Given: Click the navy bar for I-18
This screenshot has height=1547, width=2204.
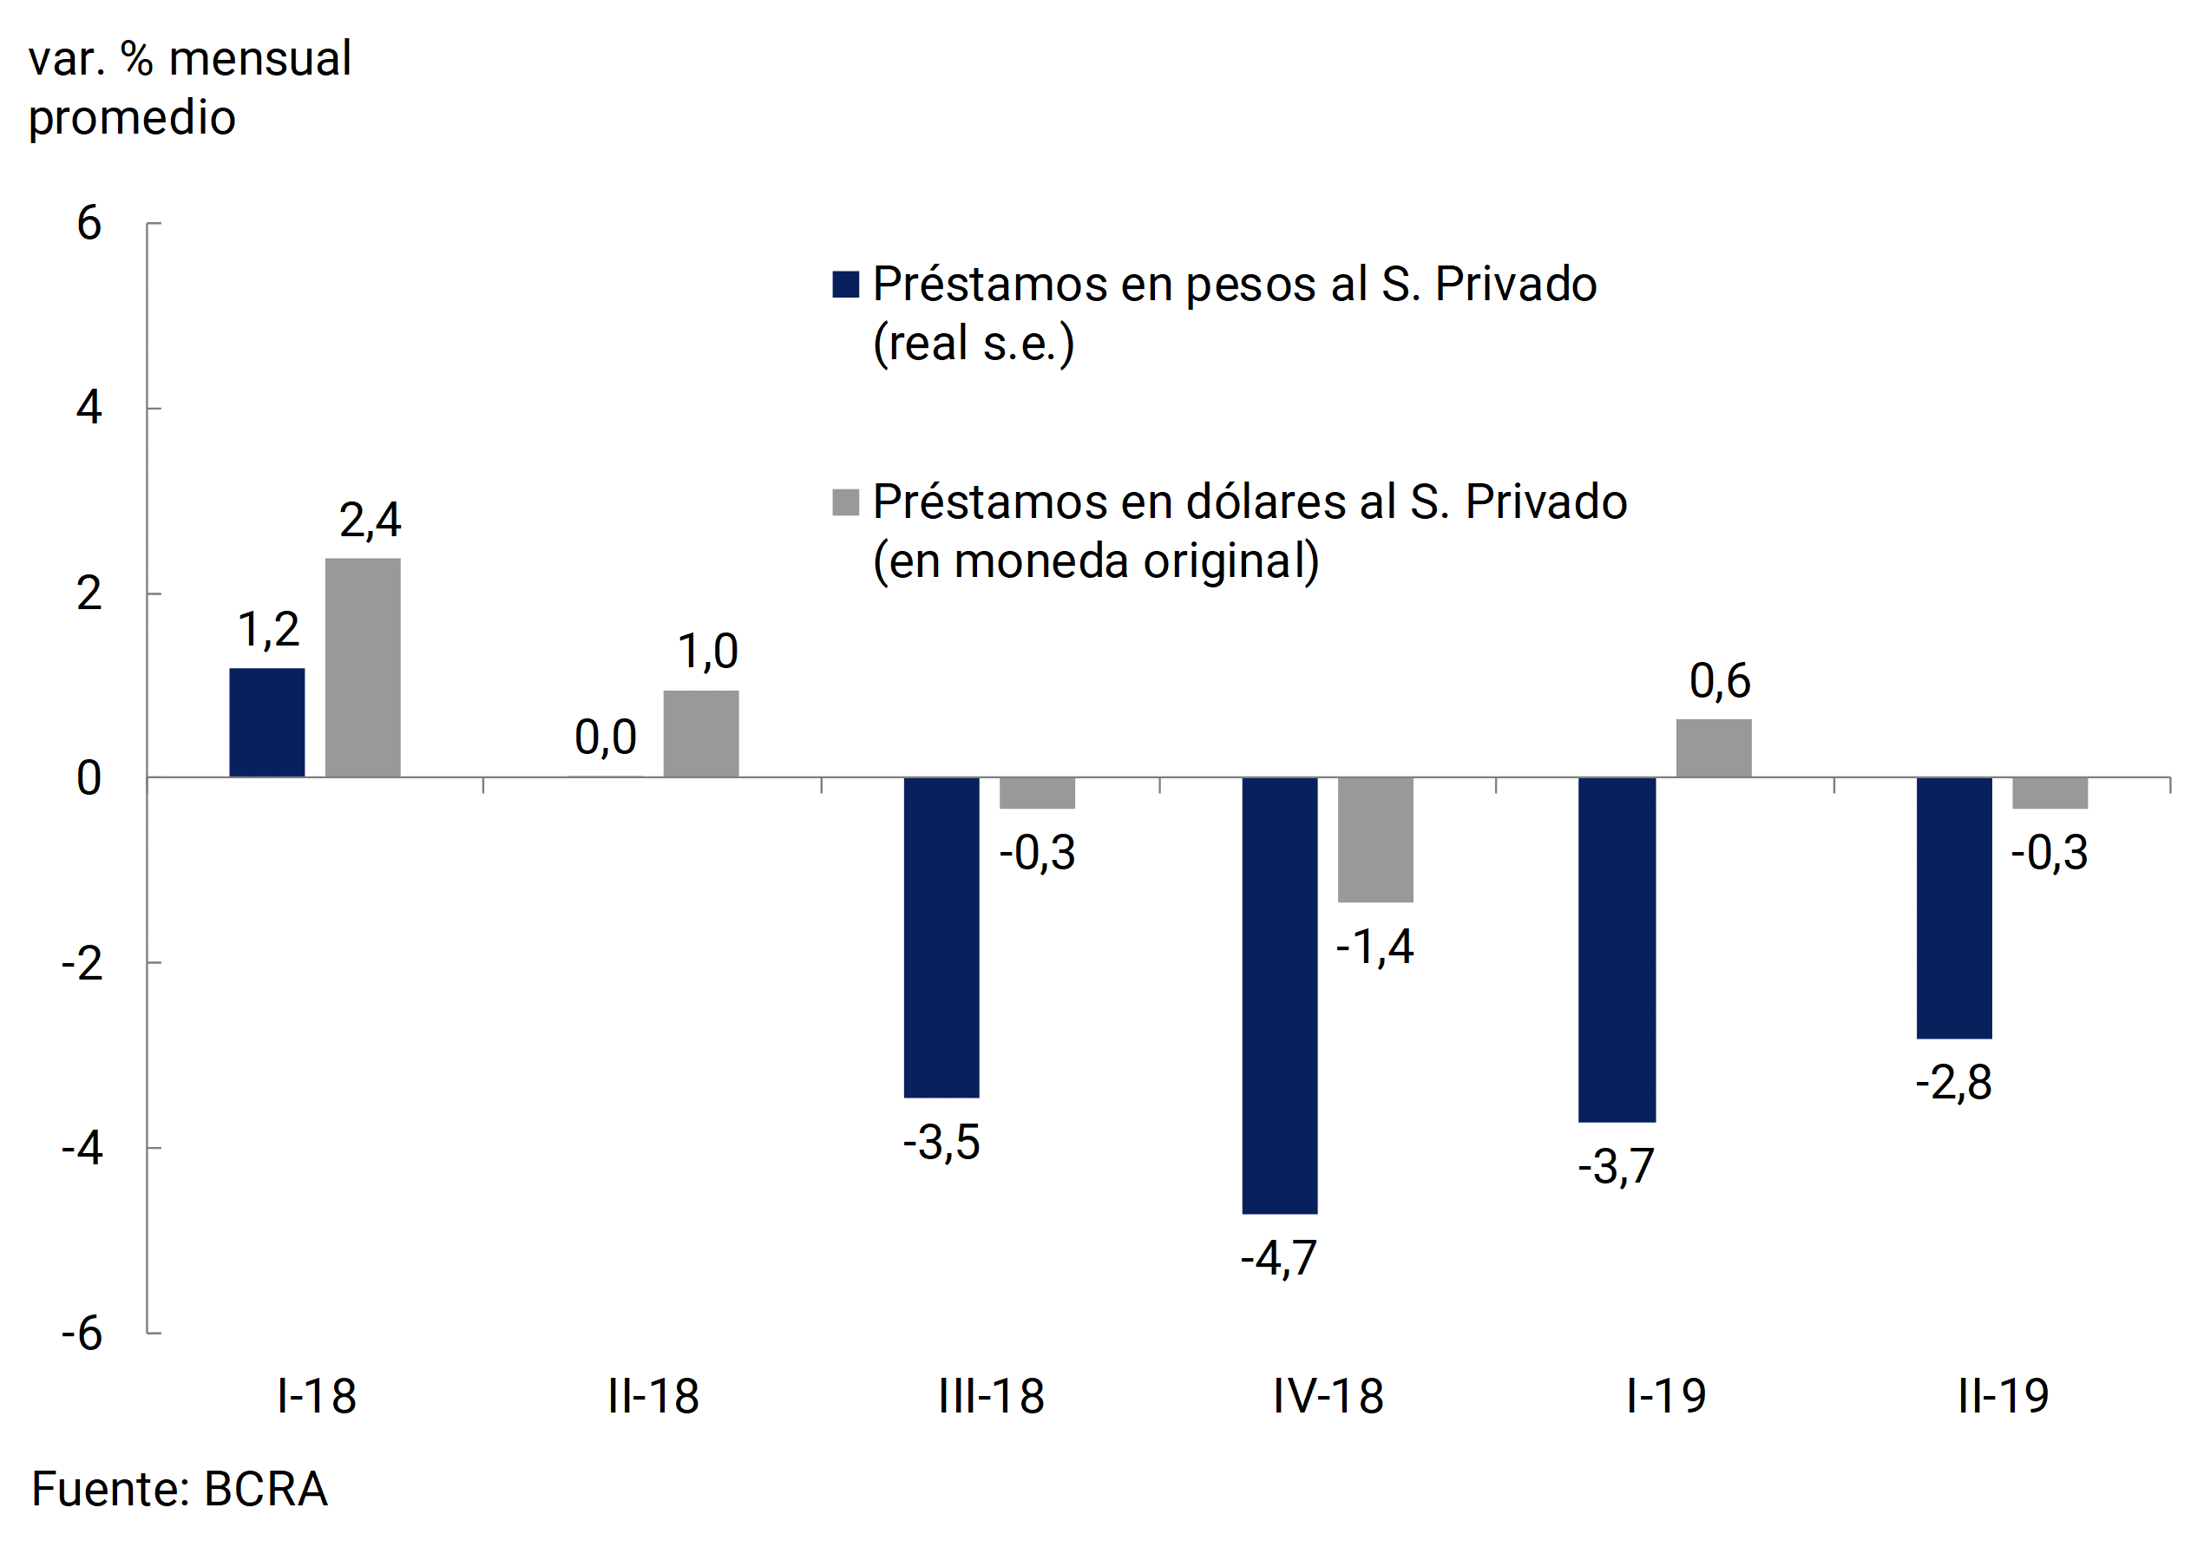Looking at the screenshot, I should click(267, 722).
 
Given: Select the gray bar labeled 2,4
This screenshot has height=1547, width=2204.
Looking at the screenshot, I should click(363, 667).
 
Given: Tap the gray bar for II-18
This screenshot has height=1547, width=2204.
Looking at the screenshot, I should click(701, 733).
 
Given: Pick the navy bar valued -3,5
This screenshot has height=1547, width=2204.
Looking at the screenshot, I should click(941, 937).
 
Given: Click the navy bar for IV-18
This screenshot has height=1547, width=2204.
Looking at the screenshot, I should click(1280, 995).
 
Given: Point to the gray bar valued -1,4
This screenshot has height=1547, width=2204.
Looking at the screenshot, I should click(1375, 840).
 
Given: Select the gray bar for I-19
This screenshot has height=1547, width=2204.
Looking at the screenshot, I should click(1714, 748).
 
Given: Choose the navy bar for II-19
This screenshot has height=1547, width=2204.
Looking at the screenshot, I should click(1954, 908).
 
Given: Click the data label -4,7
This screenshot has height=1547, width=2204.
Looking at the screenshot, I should click(1279, 1258).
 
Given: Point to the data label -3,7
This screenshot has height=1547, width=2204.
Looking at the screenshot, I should click(1617, 1167).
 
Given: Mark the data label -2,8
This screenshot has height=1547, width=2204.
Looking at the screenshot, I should click(1953, 1084).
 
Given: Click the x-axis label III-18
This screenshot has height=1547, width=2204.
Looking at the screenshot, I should click(991, 1396).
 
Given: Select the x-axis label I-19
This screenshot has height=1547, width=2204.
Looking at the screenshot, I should click(1665, 1396).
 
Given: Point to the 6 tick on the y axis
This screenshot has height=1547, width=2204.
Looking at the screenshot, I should click(89, 224).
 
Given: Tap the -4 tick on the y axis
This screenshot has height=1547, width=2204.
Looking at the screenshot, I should click(82, 1148).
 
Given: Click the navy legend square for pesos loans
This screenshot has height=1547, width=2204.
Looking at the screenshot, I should click(846, 285).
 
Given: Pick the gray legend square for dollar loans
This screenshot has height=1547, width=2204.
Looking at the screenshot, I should click(846, 501).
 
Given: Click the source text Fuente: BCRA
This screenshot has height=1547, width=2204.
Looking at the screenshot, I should click(180, 1490).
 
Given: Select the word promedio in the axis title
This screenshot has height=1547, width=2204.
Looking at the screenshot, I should click(133, 118).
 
